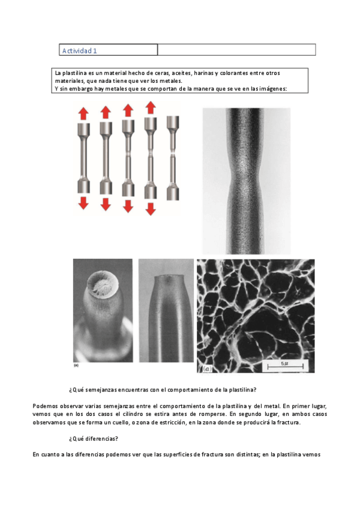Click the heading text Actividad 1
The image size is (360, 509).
click(x=80, y=50)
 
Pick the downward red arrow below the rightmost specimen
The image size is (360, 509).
click(x=151, y=209)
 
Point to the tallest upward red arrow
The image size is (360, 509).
click(x=151, y=108)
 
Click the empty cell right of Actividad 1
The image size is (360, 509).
click(x=236, y=50)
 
